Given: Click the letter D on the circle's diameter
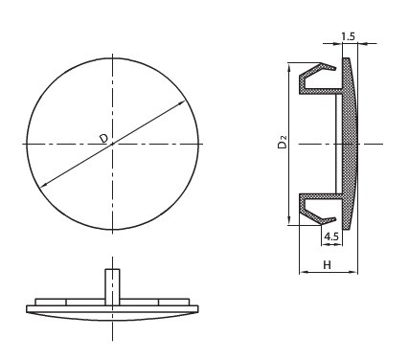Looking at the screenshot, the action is point(103,138).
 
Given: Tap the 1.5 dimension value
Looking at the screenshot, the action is point(348,36).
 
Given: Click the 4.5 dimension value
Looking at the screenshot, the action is point(331,236).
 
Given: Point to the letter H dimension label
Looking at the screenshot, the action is point(327,265).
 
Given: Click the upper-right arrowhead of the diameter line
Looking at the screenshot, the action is point(182,102).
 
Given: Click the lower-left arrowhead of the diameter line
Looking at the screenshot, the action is point(42,184).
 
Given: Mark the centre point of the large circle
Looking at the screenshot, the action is point(112,145).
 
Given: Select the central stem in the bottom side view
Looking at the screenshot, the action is point(112,287).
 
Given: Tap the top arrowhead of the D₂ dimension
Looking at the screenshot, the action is point(289,67).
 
